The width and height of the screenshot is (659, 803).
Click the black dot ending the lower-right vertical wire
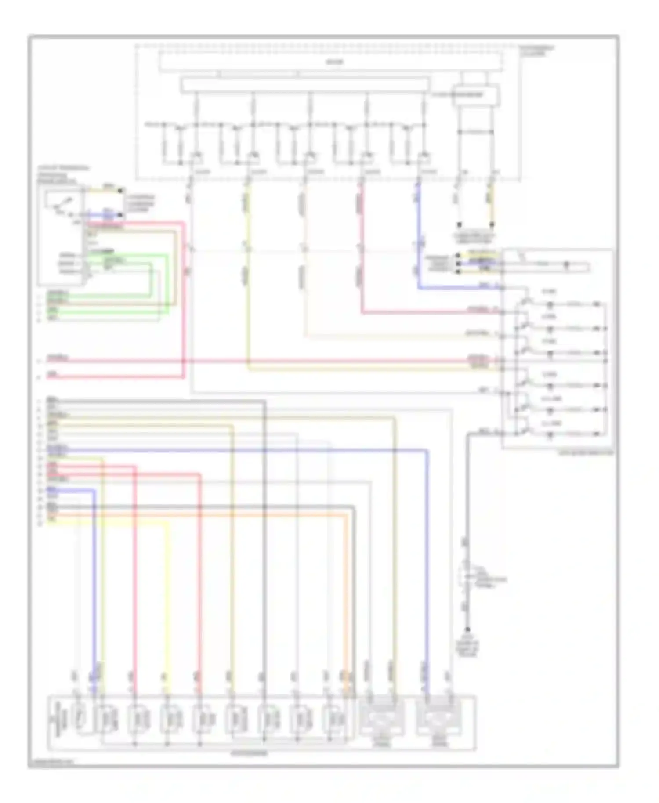(x=467, y=629)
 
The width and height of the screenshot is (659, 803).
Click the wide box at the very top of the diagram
(x=330, y=61)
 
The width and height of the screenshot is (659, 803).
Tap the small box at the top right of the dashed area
(x=476, y=94)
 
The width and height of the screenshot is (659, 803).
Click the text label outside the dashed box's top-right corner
(x=536, y=50)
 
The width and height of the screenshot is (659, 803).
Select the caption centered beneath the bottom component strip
(x=249, y=754)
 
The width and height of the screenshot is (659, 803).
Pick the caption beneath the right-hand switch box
(x=586, y=452)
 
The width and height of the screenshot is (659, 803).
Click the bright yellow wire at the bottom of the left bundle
(x=110, y=523)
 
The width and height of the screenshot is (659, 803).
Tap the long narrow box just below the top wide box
(x=305, y=85)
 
